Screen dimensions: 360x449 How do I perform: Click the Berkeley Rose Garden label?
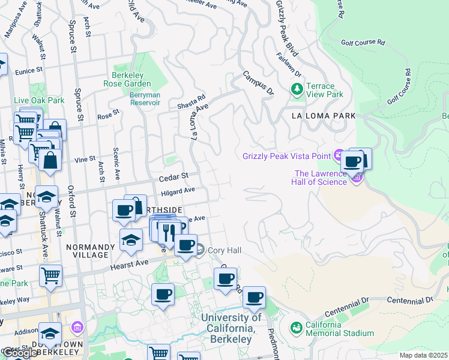pyautogui.click(x=131, y=79)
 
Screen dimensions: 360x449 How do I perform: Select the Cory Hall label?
pyautogui.click(x=224, y=250)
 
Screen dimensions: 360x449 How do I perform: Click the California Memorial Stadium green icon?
pyautogui.click(x=296, y=328)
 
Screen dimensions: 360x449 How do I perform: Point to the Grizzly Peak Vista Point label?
pyautogui.click(x=286, y=157)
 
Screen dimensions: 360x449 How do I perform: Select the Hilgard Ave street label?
pyautogui.click(x=178, y=191)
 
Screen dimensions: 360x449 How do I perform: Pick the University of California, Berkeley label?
pyautogui.click(x=231, y=328)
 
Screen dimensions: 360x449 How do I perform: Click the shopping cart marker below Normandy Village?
pyautogui.click(x=50, y=276)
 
